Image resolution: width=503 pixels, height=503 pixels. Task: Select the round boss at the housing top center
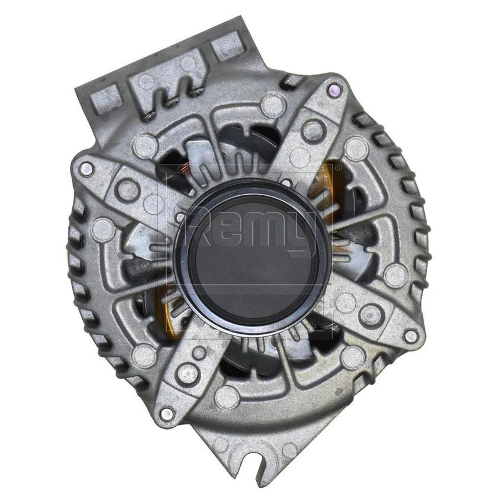coord(273,105)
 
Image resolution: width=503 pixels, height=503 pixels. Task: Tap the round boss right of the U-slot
coord(289,450)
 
